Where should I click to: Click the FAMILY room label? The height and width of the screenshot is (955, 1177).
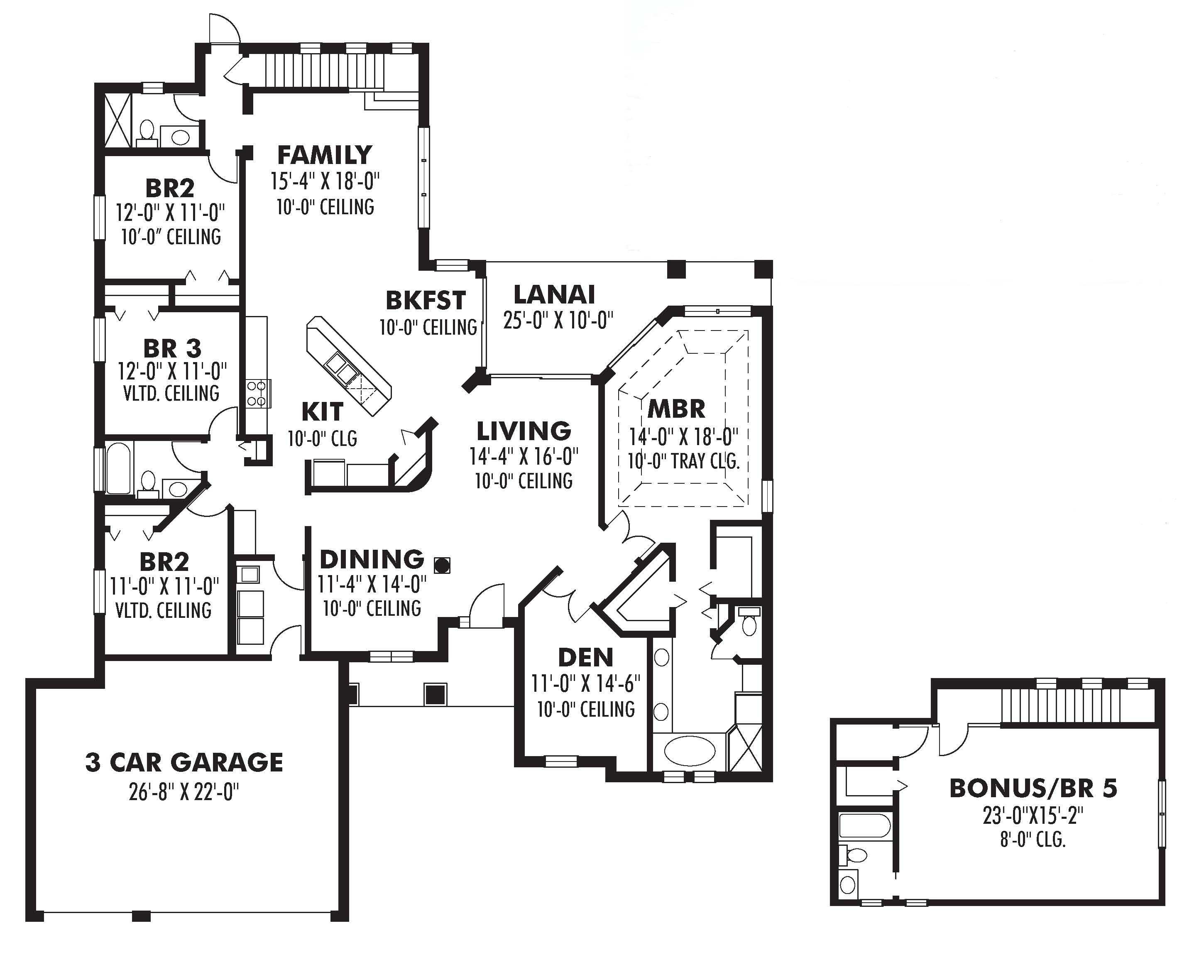pos(325,156)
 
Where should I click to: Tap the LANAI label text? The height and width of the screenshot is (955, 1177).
pos(554,295)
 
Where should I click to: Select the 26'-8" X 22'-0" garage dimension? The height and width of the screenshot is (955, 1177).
pos(184,792)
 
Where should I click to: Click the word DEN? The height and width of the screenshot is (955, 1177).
pos(585,657)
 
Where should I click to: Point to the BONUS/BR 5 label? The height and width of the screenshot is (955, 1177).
pos(1033,788)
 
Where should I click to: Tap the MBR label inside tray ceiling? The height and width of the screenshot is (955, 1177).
pos(676,409)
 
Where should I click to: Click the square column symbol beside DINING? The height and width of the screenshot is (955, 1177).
pos(442,564)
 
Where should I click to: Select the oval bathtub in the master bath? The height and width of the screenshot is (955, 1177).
pos(690,750)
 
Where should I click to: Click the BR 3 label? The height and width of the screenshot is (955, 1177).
pos(172,348)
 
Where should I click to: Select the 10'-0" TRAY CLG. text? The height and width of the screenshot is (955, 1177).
pos(684,461)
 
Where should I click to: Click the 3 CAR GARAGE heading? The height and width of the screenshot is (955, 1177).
pos(184,762)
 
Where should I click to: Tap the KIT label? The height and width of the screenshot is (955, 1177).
pos(322,412)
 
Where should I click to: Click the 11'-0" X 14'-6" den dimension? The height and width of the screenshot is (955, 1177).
pos(585,684)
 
